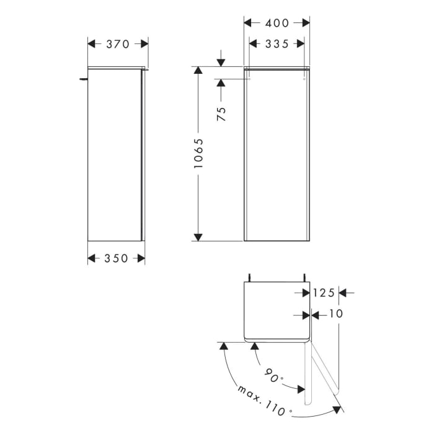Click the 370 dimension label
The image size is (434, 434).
(x=117, y=44)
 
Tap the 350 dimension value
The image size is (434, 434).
(x=117, y=259)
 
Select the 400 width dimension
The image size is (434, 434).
(x=277, y=23)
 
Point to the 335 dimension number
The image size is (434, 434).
(x=277, y=43)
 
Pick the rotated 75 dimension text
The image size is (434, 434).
(x=222, y=113)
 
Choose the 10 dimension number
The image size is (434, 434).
(x=335, y=314)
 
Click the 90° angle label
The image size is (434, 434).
(x=273, y=376)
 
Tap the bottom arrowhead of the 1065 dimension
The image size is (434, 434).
(x=198, y=236)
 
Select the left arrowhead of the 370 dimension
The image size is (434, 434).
(x=92, y=44)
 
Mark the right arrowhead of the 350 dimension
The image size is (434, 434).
(x=141, y=259)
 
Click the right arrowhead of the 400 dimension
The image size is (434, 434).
(x=306, y=23)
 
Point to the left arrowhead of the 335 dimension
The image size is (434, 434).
(x=253, y=43)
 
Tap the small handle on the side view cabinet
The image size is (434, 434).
(x=82, y=79)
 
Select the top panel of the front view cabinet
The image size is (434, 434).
(x=277, y=68)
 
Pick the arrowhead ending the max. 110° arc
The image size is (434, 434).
(x=338, y=409)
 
